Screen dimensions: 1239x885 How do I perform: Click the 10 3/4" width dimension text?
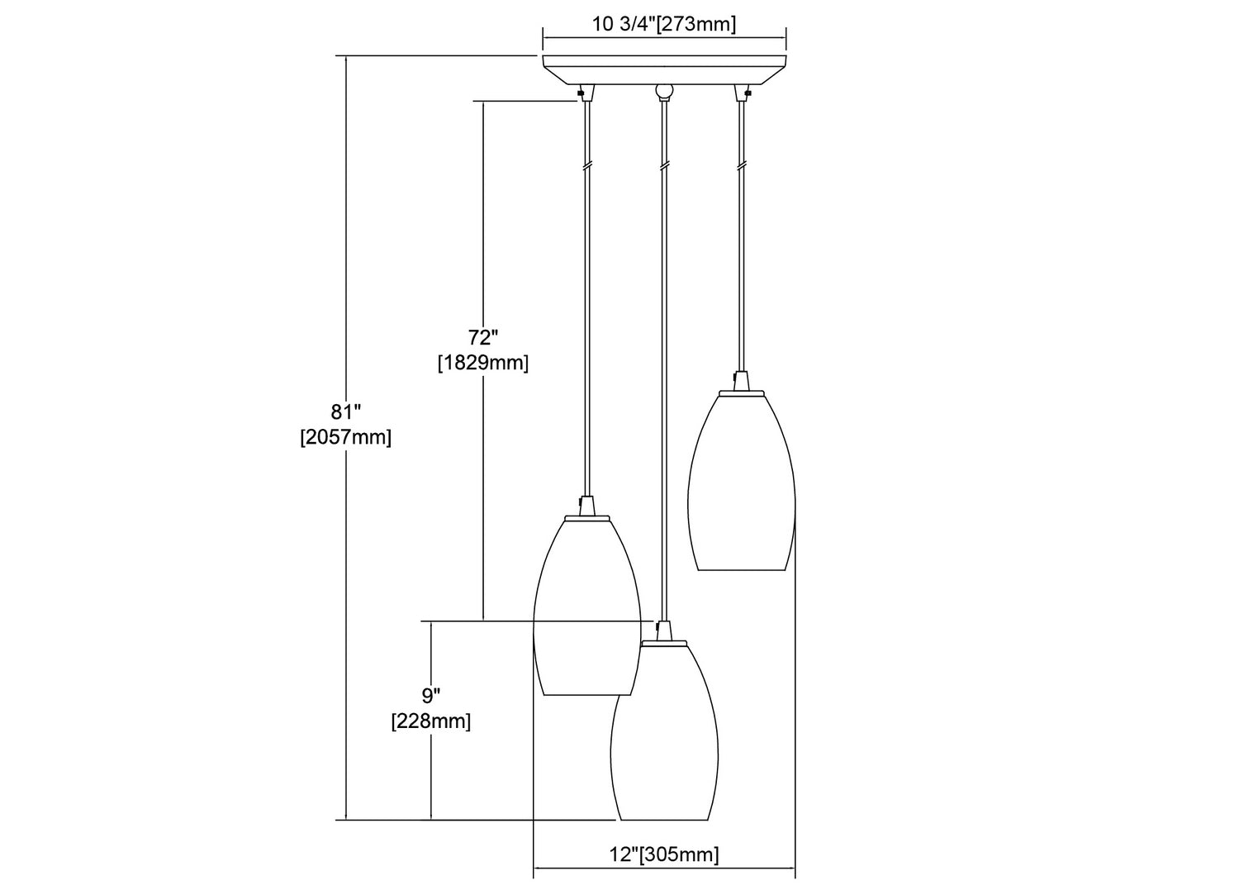[x=624, y=24]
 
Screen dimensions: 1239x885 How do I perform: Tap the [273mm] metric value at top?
[x=696, y=24]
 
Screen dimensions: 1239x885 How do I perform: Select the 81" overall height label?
[x=346, y=412]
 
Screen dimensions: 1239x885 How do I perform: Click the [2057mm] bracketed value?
[x=346, y=437]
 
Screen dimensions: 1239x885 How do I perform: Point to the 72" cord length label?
[x=483, y=337]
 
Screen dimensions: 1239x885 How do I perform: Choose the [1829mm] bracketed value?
[x=483, y=363]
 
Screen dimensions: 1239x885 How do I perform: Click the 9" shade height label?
[x=431, y=695]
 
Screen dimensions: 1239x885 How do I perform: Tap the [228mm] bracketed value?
[x=431, y=721]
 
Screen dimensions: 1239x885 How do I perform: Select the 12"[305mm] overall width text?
[x=664, y=854]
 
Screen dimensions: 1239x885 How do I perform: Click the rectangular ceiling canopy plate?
[x=664, y=69]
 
